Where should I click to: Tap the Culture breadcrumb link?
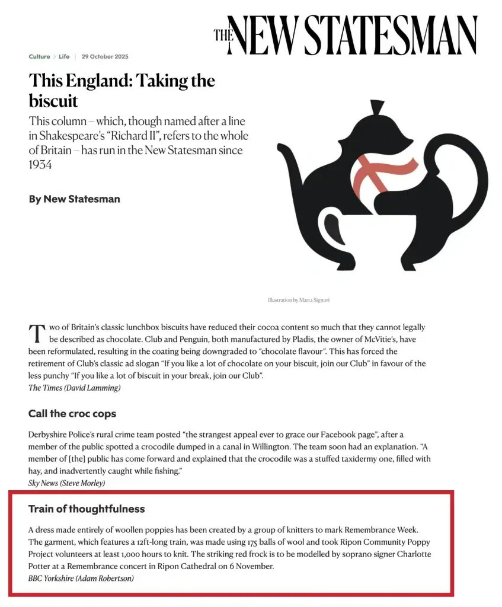click(x=39, y=57)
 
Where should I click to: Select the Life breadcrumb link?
click(x=64, y=57)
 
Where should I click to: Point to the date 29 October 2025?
click(x=105, y=57)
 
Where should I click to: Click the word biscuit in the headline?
click(x=53, y=100)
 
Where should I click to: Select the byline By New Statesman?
click(x=74, y=199)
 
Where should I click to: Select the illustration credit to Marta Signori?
click(x=298, y=301)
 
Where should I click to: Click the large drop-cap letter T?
click(x=37, y=333)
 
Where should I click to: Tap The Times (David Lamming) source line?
click(x=74, y=388)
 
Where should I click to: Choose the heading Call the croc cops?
click(x=72, y=414)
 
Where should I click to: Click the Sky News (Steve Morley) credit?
click(x=66, y=483)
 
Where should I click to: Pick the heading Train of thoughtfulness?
click(x=87, y=509)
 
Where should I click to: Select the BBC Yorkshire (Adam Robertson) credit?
click(x=81, y=578)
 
